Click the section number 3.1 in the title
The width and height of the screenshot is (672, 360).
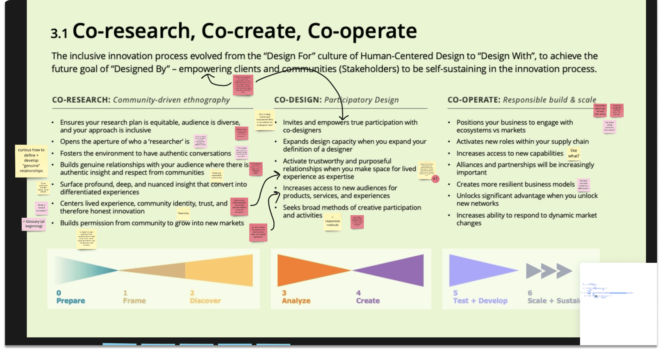click(59, 33)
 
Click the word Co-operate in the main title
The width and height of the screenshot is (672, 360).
click(362, 31)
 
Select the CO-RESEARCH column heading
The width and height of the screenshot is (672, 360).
click(81, 100)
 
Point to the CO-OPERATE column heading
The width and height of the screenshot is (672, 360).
click(474, 100)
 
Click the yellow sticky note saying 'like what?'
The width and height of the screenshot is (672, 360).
click(573, 153)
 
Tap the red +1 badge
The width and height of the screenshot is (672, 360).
click(435, 179)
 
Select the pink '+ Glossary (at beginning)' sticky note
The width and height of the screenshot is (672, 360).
click(34, 224)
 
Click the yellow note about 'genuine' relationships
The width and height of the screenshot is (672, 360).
click(31, 160)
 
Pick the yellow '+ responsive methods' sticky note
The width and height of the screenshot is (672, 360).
click(332, 222)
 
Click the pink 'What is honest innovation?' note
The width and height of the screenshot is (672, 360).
click(42, 208)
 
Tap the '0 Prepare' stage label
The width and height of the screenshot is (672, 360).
click(70, 297)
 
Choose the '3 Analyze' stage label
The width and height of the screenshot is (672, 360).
click(296, 297)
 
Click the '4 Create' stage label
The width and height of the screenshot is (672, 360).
click(368, 297)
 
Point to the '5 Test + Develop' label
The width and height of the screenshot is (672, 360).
click(480, 297)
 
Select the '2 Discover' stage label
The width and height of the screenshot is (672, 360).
click(205, 297)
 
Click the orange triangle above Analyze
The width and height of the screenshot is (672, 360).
click(305, 270)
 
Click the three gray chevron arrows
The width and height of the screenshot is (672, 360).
click(549, 271)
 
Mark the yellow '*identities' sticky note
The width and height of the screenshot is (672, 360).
click(183, 213)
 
